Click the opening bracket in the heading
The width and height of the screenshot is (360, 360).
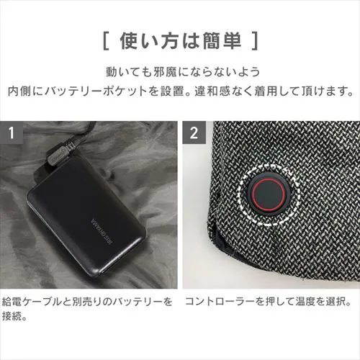pyautogui.click(x=105, y=38)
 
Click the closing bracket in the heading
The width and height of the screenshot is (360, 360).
pyautogui.click(x=253, y=38)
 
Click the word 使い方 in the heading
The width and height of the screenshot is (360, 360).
pyautogui.click(x=148, y=38)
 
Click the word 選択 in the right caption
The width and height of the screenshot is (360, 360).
pyautogui.click(x=336, y=300)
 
